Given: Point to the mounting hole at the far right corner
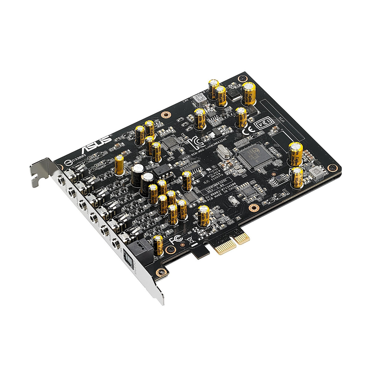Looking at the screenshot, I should click(332, 168).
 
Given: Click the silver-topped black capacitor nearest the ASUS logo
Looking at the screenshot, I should click(137, 170).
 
